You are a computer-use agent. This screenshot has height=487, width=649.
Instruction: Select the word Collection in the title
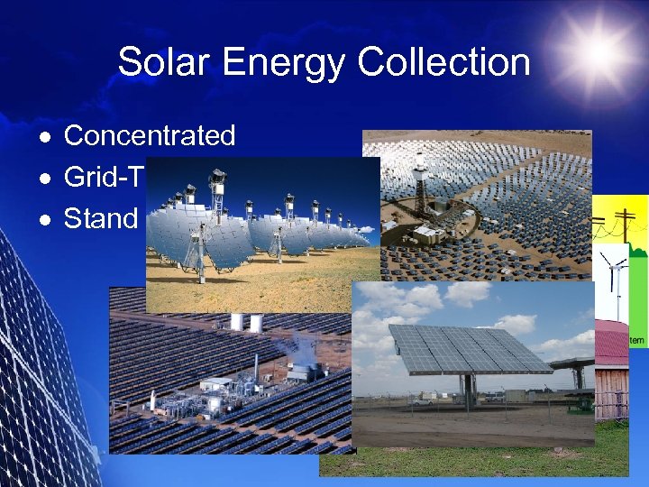[x=443, y=63]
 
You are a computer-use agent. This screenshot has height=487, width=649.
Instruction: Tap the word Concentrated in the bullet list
[x=150, y=136]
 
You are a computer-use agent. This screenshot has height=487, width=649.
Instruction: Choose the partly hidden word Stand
[x=100, y=219]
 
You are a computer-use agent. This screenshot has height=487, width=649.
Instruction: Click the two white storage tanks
[x=246, y=323]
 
